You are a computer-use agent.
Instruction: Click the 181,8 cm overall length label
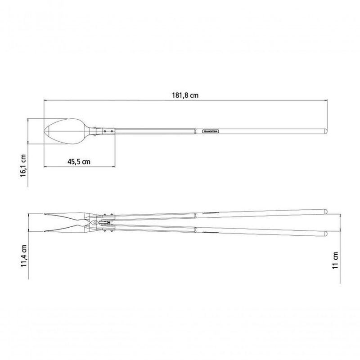(185, 95)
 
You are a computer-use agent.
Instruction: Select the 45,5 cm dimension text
(79, 162)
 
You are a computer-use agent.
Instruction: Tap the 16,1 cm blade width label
(23, 165)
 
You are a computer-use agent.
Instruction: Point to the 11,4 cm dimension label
(24, 256)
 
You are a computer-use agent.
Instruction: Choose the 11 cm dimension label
(335, 261)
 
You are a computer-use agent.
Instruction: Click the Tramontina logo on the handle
(211, 131)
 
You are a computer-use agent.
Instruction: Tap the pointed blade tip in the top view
(44, 131)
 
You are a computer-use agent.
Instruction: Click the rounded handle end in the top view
(325, 131)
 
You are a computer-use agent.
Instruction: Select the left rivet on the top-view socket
(105, 131)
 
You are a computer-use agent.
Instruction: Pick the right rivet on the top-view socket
(112, 131)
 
